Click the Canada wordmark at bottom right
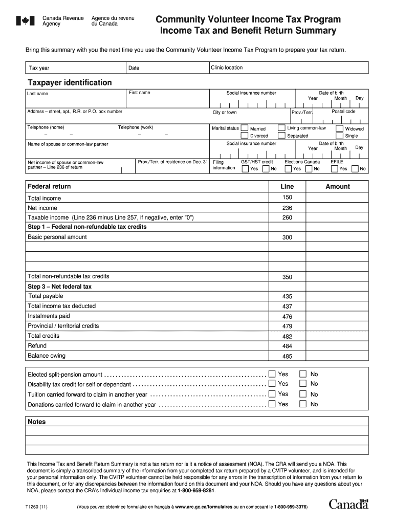point(348,505)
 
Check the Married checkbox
point(245,128)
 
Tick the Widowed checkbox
point(340,128)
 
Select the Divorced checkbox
point(245,136)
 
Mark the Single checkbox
point(340,136)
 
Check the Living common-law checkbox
point(281,128)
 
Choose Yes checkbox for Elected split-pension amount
point(272,374)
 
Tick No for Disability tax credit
point(303,384)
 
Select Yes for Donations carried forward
point(272,404)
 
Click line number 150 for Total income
point(287,198)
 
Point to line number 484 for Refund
point(287,346)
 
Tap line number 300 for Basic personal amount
point(287,237)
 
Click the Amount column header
point(338,187)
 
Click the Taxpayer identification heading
point(70,82)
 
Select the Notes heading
point(37,422)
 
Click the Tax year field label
point(39,68)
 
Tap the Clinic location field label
point(227,68)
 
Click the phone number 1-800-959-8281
point(196,490)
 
